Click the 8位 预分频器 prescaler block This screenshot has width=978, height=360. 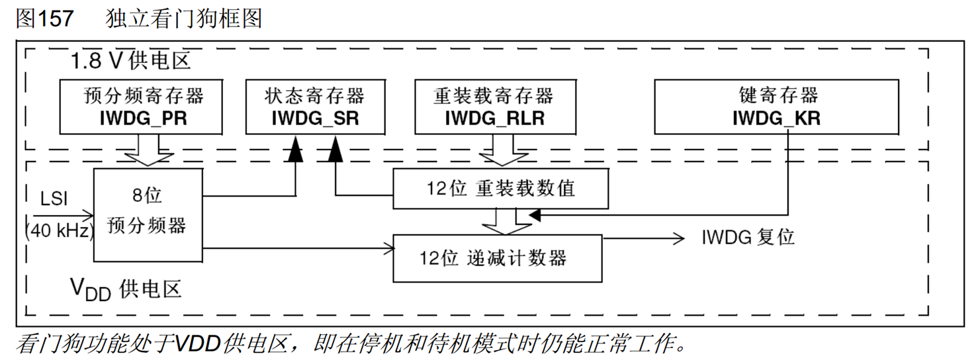pyautogui.click(x=147, y=214)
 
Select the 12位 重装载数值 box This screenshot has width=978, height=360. pyautogui.click(x=500, y=188)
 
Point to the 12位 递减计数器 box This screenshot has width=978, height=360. pyautogui.click(x=497, y=257)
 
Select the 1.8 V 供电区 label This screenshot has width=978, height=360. pyautogui.click(x=131, y=62)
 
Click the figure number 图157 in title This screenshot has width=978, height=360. pyautogui.click(x=44, y=19)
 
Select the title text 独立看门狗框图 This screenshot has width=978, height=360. pyautogui.click(x=184, y=19)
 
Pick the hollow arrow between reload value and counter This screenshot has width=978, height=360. pyautogui.click(x=500, y=220)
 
